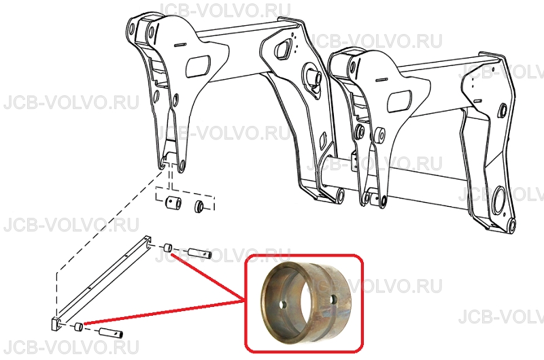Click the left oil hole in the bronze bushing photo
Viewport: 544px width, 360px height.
pyautogui.click(x=284, y=304)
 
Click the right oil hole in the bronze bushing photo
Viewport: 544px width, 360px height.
pyautogui.click(x=334, y=299)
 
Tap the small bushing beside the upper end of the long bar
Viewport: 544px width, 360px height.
pyautogui.click(x=168, y=248)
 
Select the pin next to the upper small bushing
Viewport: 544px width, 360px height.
pyautogui.click(x=200, y=253)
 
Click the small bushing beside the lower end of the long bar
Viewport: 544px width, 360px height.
pyautogui.click(x=80, y=327)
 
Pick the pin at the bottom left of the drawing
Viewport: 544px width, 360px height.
pyautogui.click(x=111, y=332)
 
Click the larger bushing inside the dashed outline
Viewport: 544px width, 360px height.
pyautogui.click(x=173, y=203)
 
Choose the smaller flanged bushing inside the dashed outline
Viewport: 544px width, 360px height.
pyautogui.click(x=200, y=206)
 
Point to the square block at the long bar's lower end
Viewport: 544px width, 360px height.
pyautogui.click(x=56, y=325)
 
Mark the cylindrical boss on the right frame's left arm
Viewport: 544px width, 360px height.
pyautogui.click(x=379, y=135)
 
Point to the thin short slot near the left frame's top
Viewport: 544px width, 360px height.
pyautogui.click(x=180, y=45)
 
